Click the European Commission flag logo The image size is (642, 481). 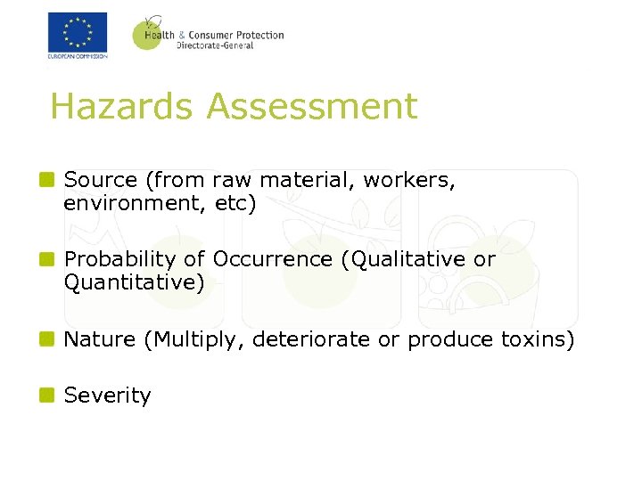click(x=78, y=34)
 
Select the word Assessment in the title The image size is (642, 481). click(x=311, y=107)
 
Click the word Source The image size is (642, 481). click(x=101, y=180)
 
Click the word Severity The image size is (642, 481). click(x=108, y=395)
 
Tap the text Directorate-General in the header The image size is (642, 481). click(x=215, y=45)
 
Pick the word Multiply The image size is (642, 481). click(x=198, y=340)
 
